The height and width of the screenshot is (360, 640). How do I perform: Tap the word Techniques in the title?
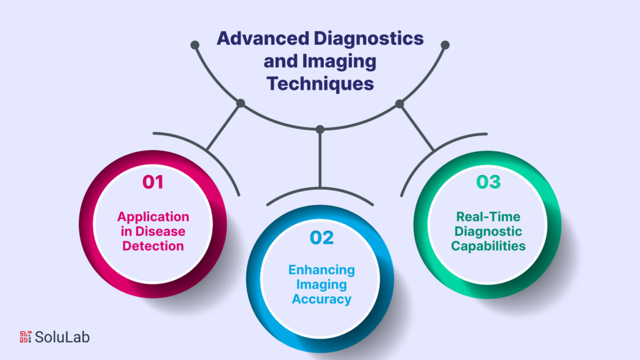point(320,84)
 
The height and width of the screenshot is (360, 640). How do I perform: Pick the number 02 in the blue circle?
point(321,237)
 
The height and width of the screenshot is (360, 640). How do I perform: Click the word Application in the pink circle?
point(153,217)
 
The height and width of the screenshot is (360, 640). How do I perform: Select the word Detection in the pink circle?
point(153,246)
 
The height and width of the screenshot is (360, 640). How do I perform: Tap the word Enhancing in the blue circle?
point(321,270)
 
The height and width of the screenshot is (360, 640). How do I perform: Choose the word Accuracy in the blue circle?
point(321,299)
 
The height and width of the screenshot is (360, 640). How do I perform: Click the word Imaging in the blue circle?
point(321,284)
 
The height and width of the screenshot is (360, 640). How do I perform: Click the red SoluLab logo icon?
point(26,337)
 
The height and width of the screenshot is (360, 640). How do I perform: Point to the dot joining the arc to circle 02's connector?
point(320,129)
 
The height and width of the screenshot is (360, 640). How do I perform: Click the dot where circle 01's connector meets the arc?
point(241,103)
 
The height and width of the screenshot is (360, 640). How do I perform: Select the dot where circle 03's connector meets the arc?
point(399,103)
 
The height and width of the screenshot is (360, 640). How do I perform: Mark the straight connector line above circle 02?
point(320,159)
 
